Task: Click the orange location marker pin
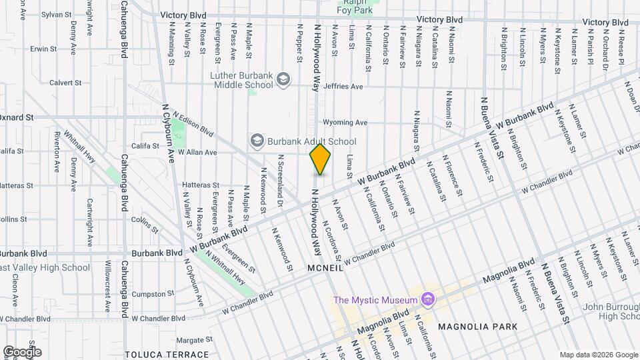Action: point(320,159)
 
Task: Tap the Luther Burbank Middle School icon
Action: point(284,80)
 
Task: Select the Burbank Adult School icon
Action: point(257,141)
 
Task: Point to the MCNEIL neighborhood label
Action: point(325,268)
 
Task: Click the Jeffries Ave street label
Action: point(343,87)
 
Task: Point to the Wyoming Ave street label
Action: point(345,123)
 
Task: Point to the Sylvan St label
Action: point(56,13)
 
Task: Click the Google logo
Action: point(22,351)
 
